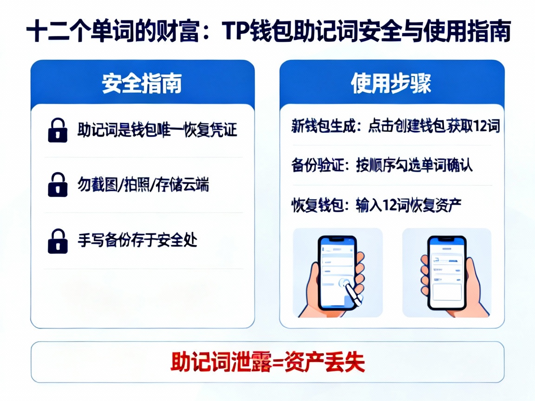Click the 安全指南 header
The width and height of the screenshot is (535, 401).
142,84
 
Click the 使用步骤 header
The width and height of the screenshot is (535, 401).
391,84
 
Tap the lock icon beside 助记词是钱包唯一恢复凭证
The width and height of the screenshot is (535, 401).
58,130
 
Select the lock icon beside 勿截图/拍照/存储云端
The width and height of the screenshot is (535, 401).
58,185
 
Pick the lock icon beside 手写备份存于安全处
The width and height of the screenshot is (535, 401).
58,240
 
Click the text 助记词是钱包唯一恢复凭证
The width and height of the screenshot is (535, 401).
157,130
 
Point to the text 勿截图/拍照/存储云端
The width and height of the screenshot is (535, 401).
143,185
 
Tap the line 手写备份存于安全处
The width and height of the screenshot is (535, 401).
137,240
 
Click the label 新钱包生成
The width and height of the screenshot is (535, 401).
322,126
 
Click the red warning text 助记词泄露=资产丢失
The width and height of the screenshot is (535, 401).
267,362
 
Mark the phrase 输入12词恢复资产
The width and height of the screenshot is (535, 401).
408,205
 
